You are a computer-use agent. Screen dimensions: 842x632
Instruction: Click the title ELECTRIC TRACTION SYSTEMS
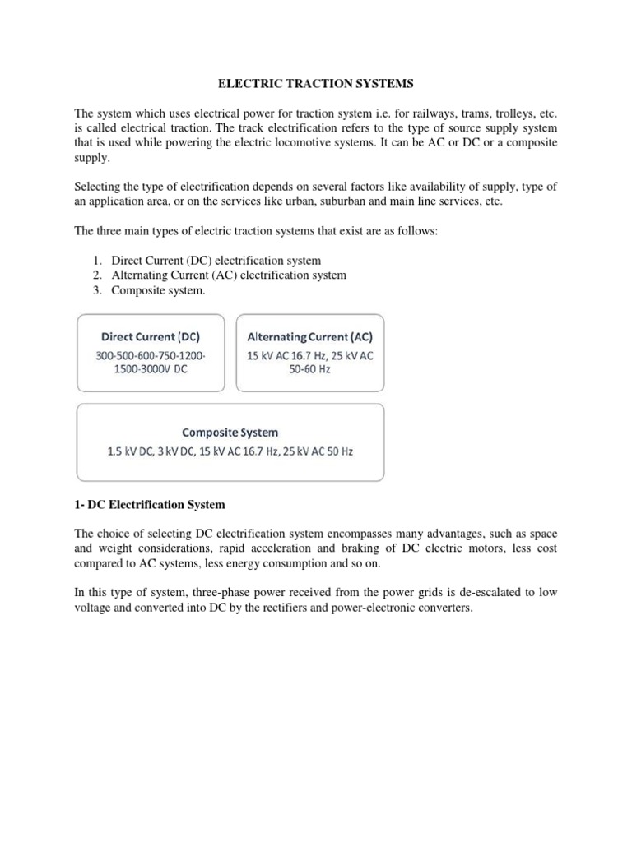coord(315,83)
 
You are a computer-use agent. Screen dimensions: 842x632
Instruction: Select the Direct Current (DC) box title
coord(150,336)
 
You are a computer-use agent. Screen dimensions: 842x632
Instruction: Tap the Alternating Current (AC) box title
coord(309,336)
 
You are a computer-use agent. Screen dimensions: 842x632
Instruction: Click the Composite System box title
coord(230,432)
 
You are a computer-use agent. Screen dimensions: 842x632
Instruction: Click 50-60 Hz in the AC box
coord(309,371)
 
